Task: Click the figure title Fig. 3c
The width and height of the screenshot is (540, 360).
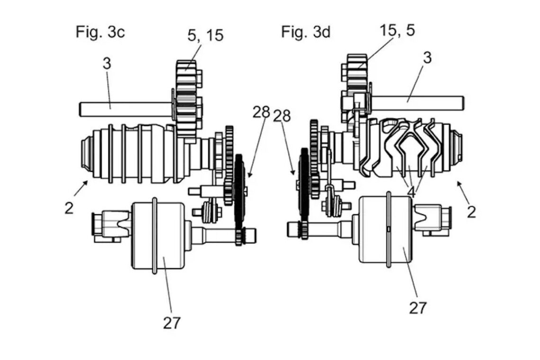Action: coord(100,32)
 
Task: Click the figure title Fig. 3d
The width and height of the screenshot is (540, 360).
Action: coord(306,32)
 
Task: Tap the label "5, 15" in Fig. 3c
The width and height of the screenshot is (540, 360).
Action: coord(206,36)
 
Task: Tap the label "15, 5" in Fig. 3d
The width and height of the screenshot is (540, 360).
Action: coord(397,30)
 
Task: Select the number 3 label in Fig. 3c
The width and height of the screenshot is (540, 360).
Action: coord(107,63)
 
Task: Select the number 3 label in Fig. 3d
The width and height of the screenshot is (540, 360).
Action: coord(427,57)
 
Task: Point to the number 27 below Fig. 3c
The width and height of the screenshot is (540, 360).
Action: coord(172,323)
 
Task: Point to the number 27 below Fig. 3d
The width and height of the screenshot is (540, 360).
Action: coord(418,307)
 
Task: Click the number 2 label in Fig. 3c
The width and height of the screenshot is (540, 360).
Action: coord(69,208)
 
